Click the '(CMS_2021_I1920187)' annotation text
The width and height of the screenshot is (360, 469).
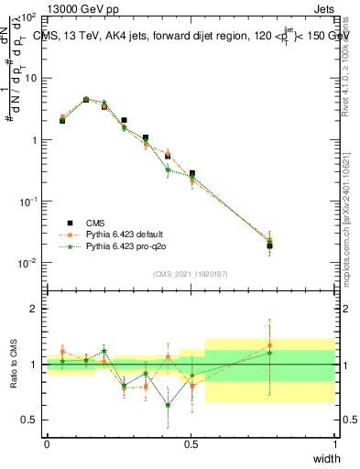(190, 274)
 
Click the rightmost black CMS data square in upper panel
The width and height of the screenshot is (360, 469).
(269, 245)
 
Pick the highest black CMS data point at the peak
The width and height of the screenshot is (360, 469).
(86, 100)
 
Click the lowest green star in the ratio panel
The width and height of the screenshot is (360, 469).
(168, 405)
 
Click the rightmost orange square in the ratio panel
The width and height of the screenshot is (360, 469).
(269, 345)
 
